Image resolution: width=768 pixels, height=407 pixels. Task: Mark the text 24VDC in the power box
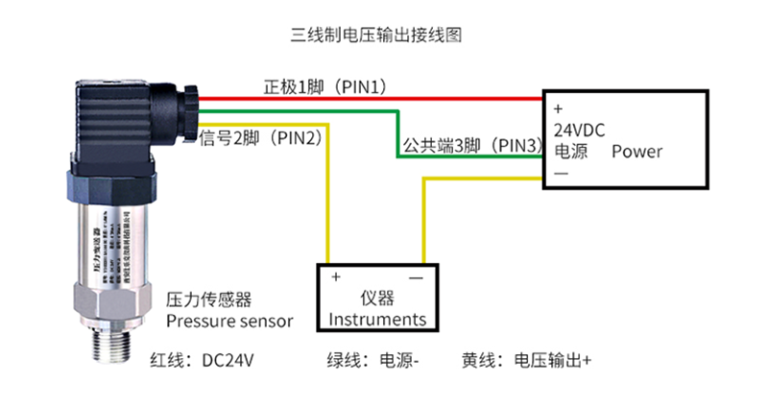click(x=580, y=130)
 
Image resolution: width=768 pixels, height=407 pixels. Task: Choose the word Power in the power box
click(x=636, y=152)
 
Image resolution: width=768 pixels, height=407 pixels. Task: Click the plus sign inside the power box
click(x=558, y=108)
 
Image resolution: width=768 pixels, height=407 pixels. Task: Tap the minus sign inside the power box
click(x=561, y=174)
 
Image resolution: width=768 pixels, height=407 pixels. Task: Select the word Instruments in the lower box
click(x=377, y=319)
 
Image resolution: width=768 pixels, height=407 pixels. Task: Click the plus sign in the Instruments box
click(x=335, y=277)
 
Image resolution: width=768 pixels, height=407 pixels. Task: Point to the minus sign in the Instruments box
click(x=417, y=277)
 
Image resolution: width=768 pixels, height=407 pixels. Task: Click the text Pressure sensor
click(x=229, y=321)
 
